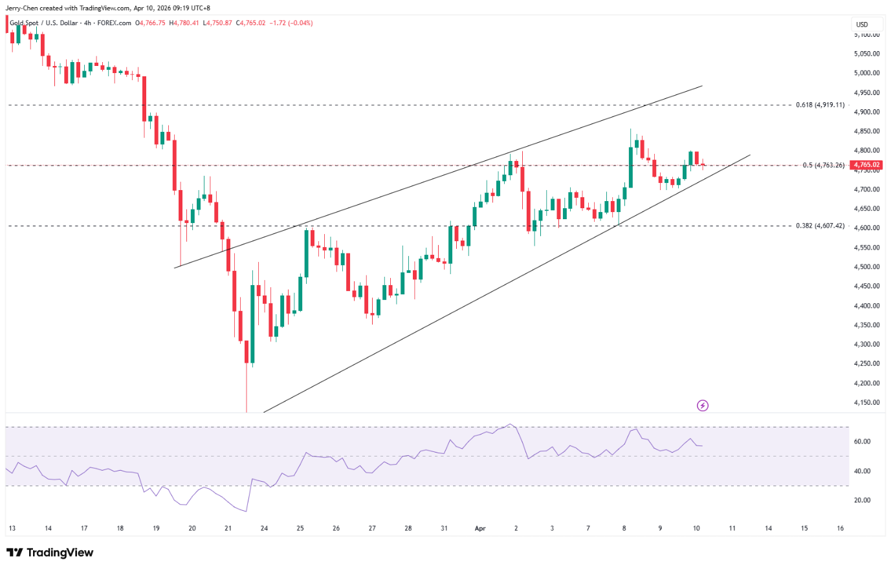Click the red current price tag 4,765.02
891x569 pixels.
coord(867,165)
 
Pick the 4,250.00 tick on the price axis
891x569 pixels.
coord(867,363)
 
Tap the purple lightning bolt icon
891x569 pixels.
coord(703,405)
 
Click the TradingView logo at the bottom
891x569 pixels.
coord(50,552)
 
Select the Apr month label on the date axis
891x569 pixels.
coord(480,528)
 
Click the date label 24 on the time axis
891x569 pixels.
coord(264,528)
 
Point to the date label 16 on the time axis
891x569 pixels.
coord(840,528)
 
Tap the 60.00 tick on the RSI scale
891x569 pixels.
coord(862,442)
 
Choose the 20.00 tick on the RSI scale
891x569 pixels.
coord(862,500)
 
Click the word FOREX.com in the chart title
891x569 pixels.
coord(114,23)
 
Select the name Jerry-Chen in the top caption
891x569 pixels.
coord(22,8)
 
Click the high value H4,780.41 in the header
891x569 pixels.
coord(183,23)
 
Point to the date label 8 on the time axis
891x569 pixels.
coord(624,528)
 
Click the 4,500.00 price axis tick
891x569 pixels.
coord(867,266)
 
